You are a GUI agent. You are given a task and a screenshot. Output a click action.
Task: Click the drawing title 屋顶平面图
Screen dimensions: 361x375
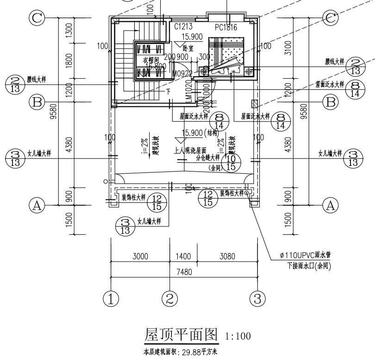pos(182,335)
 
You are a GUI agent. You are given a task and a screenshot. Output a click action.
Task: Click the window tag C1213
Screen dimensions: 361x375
pos(184,27)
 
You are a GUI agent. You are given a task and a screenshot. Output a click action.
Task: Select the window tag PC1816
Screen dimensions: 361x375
pos(226,28)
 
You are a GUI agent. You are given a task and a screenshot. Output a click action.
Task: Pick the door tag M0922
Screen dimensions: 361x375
pos(181,73)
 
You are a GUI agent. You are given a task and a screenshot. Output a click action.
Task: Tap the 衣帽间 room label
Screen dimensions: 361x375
pos(150,60)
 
